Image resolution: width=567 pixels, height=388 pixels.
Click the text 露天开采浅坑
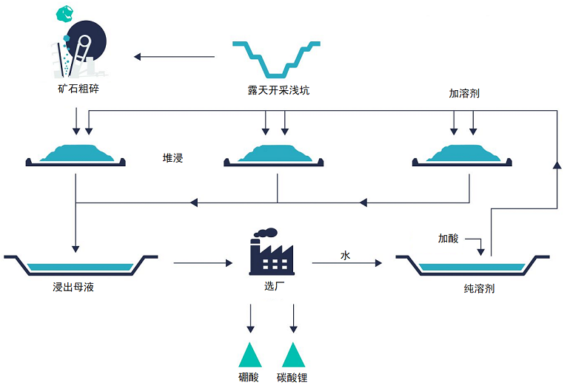[x=278, y=91]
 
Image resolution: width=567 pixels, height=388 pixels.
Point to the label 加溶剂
[x=464, y=94]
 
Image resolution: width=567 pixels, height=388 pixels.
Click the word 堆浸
[x=172, y=158]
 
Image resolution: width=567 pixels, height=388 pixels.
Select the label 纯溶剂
[x=474, y=288]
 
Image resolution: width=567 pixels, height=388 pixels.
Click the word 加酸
[x=448, y=238]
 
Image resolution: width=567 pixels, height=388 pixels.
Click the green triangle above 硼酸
[x=249, y=355]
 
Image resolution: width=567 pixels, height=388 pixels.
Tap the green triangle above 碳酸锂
[x=293, y=355]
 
